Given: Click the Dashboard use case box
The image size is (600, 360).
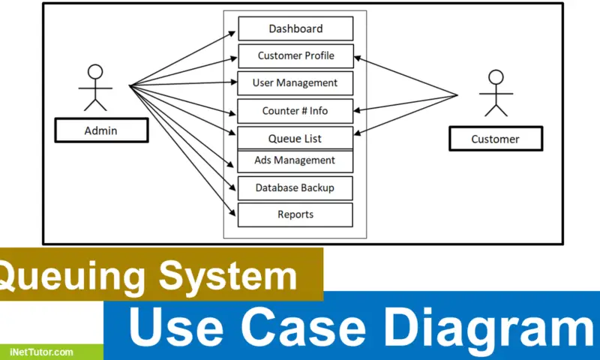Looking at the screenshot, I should tap(295, 28).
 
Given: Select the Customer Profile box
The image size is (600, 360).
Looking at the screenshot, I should tap(295, 55).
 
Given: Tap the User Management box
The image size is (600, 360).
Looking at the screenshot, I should tap(295, 82).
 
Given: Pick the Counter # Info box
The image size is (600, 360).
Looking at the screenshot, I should tap(295, 111).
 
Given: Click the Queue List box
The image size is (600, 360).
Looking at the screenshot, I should tap(295, 138).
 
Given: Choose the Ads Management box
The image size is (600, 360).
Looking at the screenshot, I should tap(295, 160).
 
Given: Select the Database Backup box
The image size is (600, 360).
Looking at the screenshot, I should tap(295, 187).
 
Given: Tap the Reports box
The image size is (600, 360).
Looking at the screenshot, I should tap(295, 214).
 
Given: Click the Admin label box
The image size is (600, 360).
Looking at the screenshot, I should tap(100, 130).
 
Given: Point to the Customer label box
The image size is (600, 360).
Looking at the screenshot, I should tap(495, 139).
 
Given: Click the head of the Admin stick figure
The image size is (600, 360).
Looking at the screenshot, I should tap(94, 72).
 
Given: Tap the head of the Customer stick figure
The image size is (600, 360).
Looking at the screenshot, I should tap(496, 76).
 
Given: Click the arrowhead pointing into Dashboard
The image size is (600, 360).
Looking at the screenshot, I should tap(234, 32).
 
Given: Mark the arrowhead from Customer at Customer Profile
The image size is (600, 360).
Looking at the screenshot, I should tap(357, 57).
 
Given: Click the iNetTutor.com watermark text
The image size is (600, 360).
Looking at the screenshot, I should tap(41, 351).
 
